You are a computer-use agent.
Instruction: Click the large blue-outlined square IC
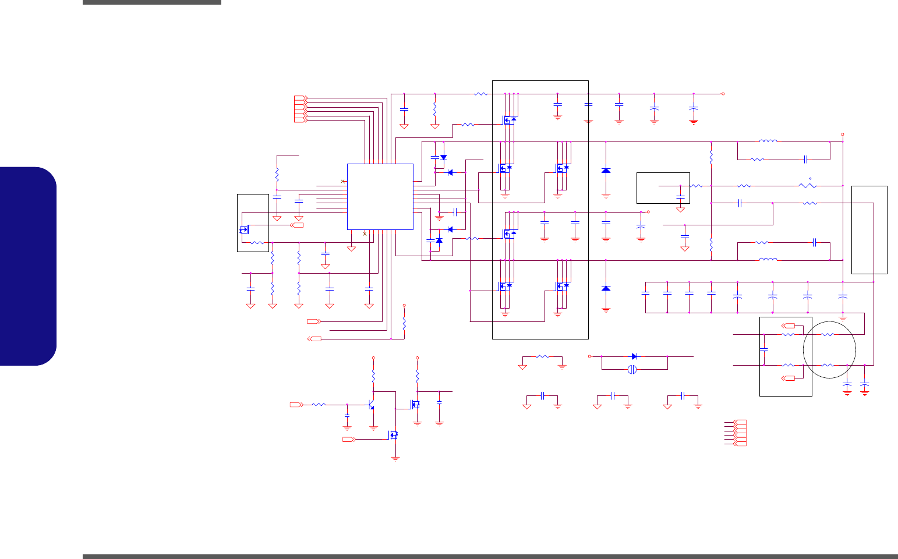point(380,197)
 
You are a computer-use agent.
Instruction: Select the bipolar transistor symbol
point(372,404)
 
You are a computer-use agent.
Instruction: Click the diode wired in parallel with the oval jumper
point(634,356)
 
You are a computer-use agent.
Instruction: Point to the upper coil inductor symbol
point(768,141)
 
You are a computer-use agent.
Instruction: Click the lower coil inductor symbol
point(768,260)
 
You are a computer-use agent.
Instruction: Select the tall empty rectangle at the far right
point(869,229)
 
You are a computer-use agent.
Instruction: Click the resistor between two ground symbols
point(542,356)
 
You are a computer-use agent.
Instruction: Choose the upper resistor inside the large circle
point(827,335)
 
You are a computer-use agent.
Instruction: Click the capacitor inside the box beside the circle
point(764,349)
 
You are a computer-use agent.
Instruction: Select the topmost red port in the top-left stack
point(300,97)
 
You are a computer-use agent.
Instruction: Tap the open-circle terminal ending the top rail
point(723,94)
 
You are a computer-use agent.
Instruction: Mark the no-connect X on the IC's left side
point(343,182)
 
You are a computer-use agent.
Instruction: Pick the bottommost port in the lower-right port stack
point(741,444)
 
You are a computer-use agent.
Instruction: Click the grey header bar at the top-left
point(151,2)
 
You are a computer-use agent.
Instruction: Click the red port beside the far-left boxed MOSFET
point(298,225)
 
